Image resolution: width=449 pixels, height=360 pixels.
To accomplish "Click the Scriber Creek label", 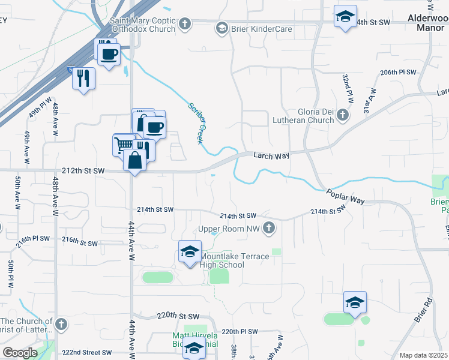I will pos(196,123).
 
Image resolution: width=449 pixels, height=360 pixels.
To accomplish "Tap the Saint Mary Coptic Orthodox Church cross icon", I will pos(185,23).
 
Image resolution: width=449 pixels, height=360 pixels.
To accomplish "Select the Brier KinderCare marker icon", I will pos(221,28).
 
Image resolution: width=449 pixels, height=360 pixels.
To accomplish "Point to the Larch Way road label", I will pos(271,155).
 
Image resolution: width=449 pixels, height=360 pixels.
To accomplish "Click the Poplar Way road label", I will pos(346,196).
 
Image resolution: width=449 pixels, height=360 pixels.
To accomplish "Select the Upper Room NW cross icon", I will pos(270,229).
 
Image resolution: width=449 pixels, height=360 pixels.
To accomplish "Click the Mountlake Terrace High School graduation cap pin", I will pos(190,251).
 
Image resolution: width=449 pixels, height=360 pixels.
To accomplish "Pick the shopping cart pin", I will pos(124,144).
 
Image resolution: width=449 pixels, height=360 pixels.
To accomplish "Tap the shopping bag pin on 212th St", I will pos(134,160).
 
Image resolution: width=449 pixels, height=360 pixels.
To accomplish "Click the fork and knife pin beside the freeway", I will pos(83,77).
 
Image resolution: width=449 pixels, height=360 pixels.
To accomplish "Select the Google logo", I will pos(20,353).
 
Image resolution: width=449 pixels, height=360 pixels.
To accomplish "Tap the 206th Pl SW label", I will pos(398,72).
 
